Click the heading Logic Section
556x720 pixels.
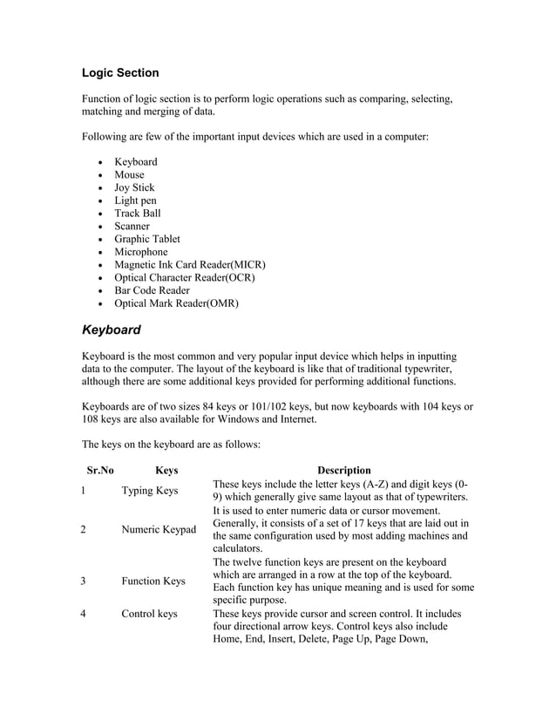[x=120, y=72]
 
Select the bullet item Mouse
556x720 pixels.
[x=129, y=174]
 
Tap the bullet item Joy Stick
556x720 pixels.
[x=134, y=187]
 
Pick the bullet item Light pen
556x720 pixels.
[x=135, y=200]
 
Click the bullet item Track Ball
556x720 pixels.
[x=138, y=213]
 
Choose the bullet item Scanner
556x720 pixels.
[x=132, y=226]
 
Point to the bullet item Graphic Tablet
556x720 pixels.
[x=147, y=239]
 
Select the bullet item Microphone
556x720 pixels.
[x=140, y=252]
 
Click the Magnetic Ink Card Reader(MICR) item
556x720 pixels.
[x=189, y=264]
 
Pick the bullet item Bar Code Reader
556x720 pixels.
[x=152, y=290]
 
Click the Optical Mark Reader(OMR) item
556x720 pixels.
[x=176, y=303]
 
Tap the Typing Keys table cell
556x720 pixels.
[x=149, y=491]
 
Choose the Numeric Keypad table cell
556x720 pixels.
[x=158, y=529]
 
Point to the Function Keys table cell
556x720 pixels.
[x=153, y=581]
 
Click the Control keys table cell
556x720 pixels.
[x=149, y=614]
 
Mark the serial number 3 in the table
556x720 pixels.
[x=83, y=581]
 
